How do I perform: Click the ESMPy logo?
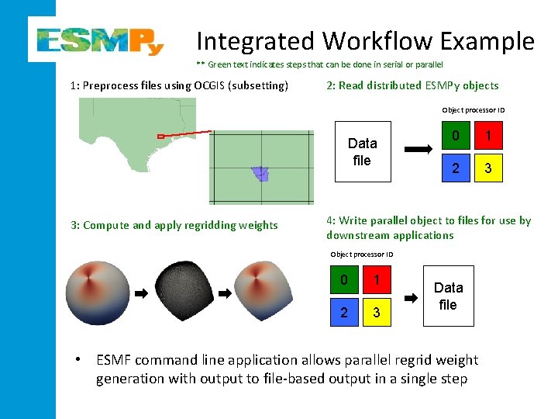coord(100,39)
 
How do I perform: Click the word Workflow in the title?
coord(392,40)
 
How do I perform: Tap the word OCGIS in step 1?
coord(216,85)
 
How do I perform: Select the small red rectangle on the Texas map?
coord(161,137)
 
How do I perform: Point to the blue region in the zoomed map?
coord(260,174)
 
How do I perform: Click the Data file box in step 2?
coord(362,152)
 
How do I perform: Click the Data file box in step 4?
coord(448,296)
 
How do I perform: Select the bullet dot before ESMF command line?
coord(77,360)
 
